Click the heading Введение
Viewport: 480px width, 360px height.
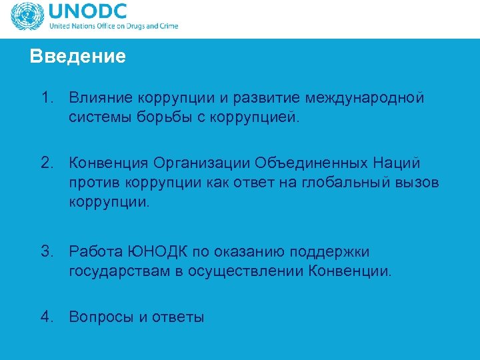coord(77,57)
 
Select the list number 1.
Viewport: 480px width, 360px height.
coord(46,99)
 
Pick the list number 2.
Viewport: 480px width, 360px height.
coord(46,163)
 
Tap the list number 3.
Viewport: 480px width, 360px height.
coord(46,252)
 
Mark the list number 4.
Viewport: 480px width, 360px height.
coord(46,317)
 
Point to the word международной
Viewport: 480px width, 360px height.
coord(365,99)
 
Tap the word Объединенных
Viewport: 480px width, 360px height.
coord(325,163)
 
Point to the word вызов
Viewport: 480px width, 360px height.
coord(419,183)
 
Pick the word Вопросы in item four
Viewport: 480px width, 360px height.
coord(101,317)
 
